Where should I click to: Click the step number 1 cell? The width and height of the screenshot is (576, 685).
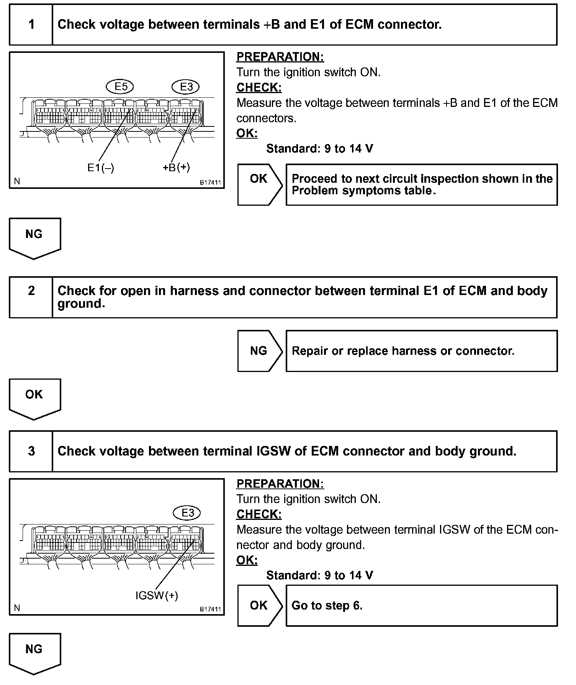pyautogui.click(x=31, y=25)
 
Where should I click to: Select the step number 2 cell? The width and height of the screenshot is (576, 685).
pyautogui.click(x=31, y=291)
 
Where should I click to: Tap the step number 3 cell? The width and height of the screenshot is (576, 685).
pyautogui.click(x=31, y=451)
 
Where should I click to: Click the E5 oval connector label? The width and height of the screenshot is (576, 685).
pyautogui.click(x=120, y=87)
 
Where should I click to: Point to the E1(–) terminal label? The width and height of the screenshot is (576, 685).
pyautogui.click(x=101, y=168)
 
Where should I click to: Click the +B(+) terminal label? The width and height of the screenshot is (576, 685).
pyautogui.click(x=176, y=167)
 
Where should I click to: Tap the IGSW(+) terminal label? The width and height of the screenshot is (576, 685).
pyautogui.click(x=157, y=595)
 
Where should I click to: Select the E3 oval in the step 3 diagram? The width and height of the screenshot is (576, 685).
pyautogui.click(x=187, y=513)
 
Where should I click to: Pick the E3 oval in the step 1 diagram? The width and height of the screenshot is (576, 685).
pyautogui.click(x=186, y=87)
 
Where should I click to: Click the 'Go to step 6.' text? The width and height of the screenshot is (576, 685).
pyautogui.click(x=327, y=606)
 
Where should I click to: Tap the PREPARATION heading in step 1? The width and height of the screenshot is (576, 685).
pyautogui.click(x=280, y=57)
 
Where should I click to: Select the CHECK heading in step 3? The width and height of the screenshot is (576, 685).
pyautogui.click(x=259, y=514)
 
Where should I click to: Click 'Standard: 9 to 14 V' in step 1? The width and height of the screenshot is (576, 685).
pyautogui.click(x=319, y=149)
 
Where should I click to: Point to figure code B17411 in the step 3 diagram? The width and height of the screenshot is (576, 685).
pyautogui.click(x=210, y=609)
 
